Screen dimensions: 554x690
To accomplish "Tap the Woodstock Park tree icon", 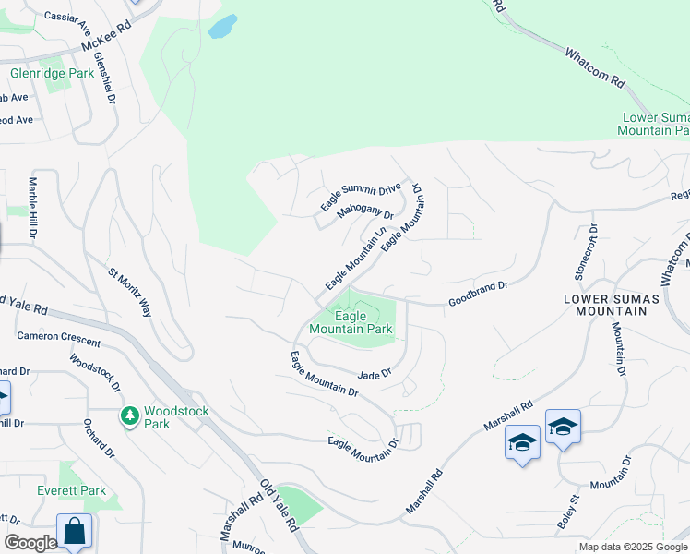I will pos(129,417).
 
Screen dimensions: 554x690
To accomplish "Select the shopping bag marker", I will pos(74,532).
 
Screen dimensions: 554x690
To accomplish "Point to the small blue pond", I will pos(222,27).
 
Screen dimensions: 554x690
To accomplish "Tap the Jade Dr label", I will pos(374,374).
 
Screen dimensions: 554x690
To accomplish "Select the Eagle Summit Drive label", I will pos(361,196).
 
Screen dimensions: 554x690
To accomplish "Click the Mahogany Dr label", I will pos(364,214).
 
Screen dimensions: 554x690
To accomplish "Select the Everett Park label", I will pos(71,490).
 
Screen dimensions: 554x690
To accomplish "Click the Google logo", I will pos(30,543).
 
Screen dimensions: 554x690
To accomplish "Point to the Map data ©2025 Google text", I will pos(633,547).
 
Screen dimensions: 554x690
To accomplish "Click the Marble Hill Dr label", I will pos(31,209).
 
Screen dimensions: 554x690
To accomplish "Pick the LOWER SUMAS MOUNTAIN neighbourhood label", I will pos(604,306).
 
